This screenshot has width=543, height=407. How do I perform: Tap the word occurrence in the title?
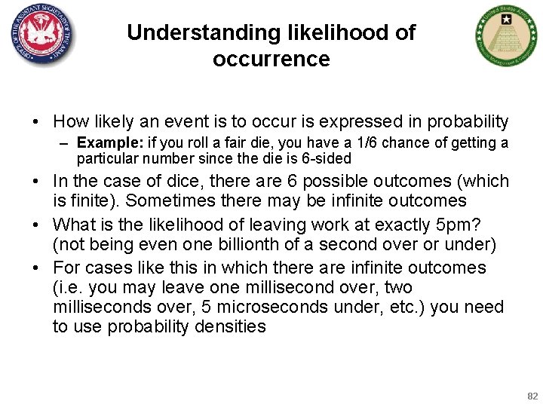coord(271,59)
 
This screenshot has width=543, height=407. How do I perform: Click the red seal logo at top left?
coord(43,34)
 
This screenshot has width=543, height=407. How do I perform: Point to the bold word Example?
coord(105,142)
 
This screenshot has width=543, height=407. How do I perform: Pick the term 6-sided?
coord(326,159)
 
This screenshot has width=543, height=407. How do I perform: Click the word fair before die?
coord(227,142)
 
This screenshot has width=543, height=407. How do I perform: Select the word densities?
coord(230,326)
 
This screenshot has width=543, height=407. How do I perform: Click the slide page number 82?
coord(532,396)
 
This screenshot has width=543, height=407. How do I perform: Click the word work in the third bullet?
coord(311,225)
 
